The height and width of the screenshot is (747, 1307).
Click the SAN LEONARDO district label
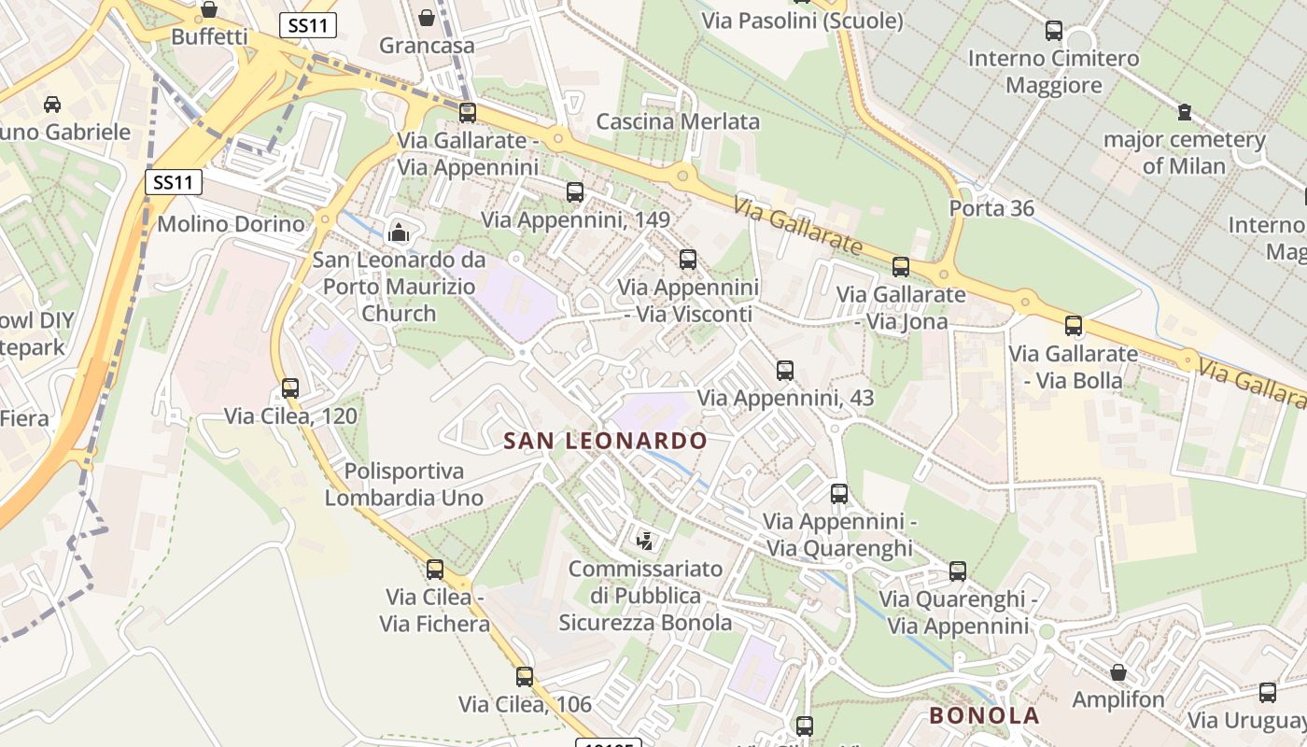click(x=605, y=441)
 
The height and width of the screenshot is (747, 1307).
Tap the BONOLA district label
click(x=984, y=716)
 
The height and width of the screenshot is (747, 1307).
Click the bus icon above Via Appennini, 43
click(x=785, y=371)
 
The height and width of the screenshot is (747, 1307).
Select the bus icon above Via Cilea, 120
click(x=290, y=388)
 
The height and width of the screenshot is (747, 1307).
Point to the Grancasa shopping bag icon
click(x=427, y=18)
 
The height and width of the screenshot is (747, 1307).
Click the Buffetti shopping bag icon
click(x=209, y=10)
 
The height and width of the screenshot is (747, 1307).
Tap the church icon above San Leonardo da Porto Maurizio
click(x=399, y=232)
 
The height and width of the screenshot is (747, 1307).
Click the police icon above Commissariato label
click(x=644, y=540)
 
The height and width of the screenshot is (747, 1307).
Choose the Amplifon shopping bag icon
click(x=1117, y=672)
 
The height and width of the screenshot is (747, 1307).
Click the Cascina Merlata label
click(x=678, y=121)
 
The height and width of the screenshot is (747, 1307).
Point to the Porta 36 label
click(x=991, y=208)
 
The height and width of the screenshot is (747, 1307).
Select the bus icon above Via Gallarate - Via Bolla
click(x=1074, y=326)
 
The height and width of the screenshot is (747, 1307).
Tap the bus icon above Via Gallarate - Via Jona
click(x=901, y=267)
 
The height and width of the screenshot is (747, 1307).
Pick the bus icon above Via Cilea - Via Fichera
click(x=435, y=570)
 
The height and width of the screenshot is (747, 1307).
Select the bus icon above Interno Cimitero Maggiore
click(x=1054, y=31)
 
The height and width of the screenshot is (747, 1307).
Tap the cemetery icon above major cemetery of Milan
click(x=1184, y=113)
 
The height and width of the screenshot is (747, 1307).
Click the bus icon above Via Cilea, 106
click(x=525, y=677)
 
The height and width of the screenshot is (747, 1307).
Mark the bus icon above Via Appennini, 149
click(x=575, y=192)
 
